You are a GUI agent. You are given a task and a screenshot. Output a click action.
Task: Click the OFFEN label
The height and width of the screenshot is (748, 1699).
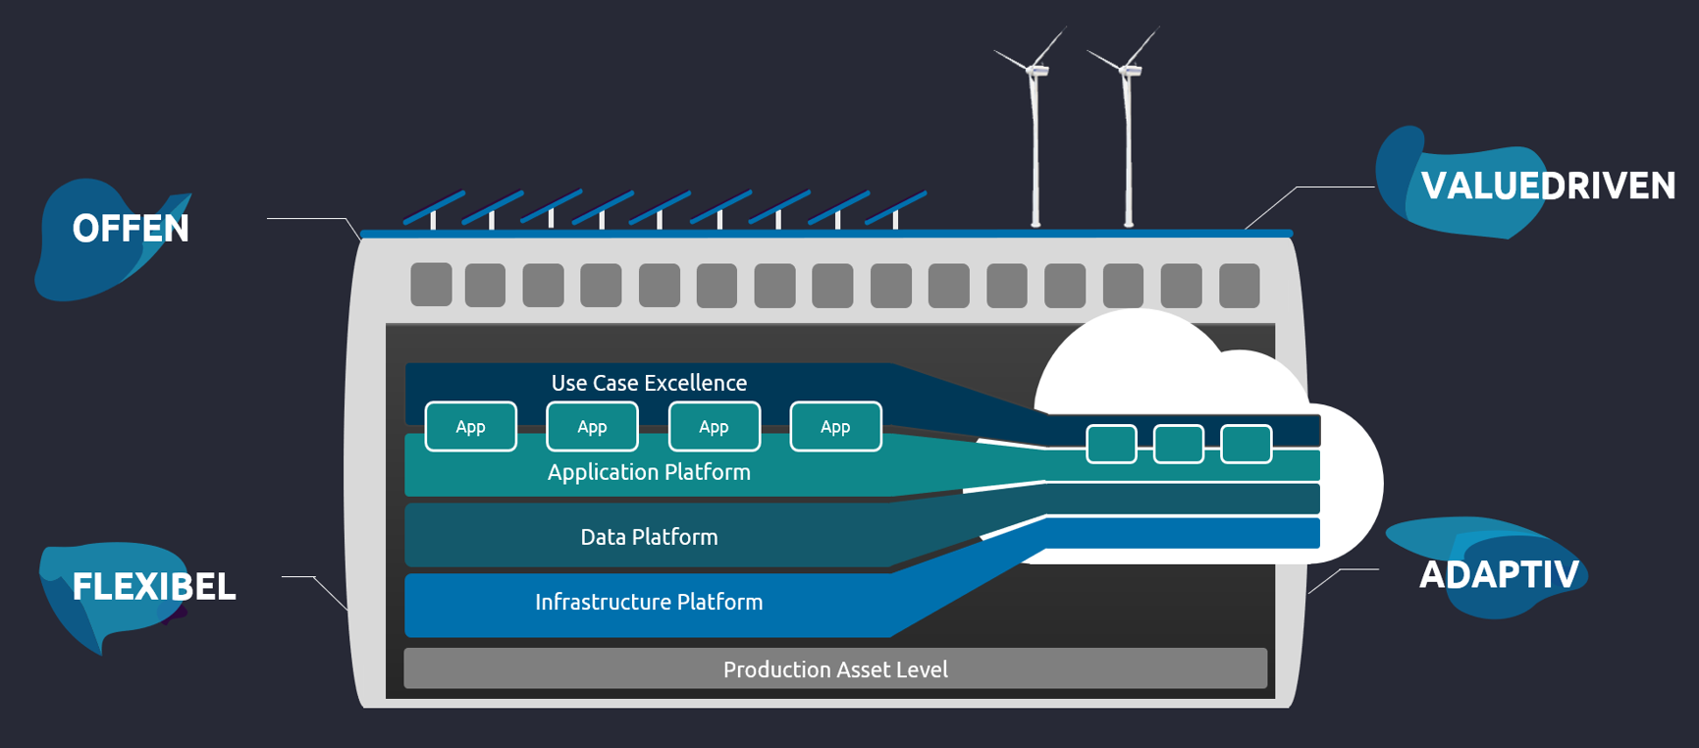pyautogui.click(x=130, y=229)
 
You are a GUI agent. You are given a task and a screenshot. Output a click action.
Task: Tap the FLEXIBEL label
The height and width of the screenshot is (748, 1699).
pyautogui.click(x=153, y=587)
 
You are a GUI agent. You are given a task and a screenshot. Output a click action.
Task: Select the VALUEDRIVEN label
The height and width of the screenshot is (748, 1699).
pyautogui.click(x=1547, y=186)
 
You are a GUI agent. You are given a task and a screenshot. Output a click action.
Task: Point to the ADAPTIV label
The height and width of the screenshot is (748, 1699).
pyautogui.click(x=1498, y=574)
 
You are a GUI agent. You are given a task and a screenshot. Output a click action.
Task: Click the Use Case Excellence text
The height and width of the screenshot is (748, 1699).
pyautogui.click(x=649, y=383)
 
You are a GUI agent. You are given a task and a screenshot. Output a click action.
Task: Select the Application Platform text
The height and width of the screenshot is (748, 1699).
pyautogui.click(x=649, y=472)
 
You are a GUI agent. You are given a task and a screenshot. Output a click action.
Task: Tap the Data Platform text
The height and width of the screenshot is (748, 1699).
pyautogui.click(x=649, y=537)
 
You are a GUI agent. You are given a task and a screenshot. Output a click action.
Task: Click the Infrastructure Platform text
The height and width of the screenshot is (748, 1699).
pyautogui.click(x=649, y=602)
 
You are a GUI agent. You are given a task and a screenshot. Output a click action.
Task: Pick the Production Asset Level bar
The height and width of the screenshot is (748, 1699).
pyautogui.click(x=835, y=669)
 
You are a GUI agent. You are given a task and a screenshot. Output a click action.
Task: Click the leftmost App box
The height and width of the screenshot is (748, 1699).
pyautogui.click(x=471, y=427)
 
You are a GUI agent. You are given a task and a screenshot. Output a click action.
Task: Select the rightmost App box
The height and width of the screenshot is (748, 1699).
pyautogui.click(x=835, y=427)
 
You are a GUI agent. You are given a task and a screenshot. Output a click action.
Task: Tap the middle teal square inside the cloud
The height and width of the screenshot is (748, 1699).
pyautogui.click(x=1178, y=444)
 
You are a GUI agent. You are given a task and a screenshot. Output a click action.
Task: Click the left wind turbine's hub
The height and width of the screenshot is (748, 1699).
pyautogui.click(x=1035, y=70)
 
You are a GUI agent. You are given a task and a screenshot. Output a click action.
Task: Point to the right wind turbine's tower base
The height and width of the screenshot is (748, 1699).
pyautogui.click(x=1129, y=222)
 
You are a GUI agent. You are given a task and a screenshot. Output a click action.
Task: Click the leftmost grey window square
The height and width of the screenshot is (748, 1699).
pyautogui.click(x=431, y=285)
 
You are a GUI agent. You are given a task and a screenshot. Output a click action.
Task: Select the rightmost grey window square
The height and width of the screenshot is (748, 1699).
pyautogui.click(x=1239, y=285)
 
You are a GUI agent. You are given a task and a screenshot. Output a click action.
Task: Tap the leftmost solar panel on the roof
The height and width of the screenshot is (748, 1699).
pyautogui.click(x=434, y=207)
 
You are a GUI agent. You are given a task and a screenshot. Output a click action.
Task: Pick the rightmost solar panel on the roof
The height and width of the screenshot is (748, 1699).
pyautogui.click(x=895, y=207)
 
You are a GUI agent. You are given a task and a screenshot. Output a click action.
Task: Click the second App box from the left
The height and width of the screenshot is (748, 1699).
pyautogui.click(x=592, y=427)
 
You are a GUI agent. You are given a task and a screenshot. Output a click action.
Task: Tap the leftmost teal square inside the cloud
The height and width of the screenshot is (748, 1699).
pyautogui.click(x=1111, y=444)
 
